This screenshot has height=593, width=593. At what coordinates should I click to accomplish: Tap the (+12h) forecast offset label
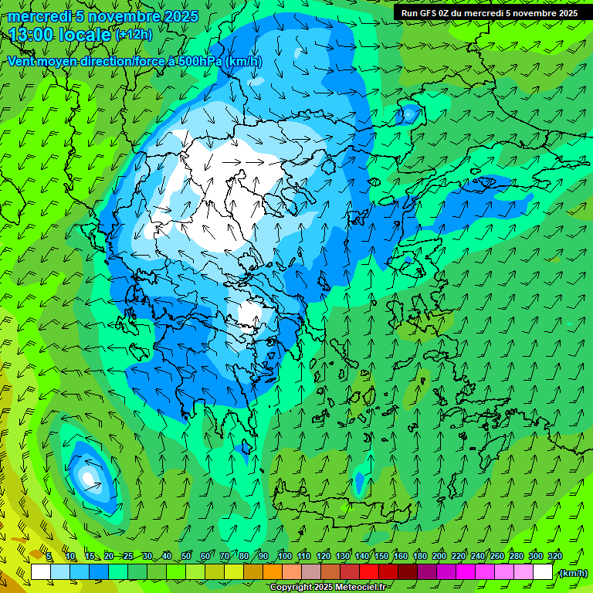click(134, 35)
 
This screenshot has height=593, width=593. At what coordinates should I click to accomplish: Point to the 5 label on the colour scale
click(49, 557)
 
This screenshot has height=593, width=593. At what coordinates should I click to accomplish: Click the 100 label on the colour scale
click(284, 557)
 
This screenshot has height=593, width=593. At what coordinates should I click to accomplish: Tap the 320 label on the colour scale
click(555, 557)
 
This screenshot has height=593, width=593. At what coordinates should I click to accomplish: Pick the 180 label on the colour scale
click(420, 557)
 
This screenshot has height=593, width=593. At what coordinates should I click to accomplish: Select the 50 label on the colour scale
click(186, 557)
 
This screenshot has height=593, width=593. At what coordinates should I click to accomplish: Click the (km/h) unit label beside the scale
click(573, 573)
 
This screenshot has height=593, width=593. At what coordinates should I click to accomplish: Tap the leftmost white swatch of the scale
click(41, 572)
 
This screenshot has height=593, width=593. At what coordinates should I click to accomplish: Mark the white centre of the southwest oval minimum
click(90, 478)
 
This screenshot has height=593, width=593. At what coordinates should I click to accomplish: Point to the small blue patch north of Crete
click(359, 483)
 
